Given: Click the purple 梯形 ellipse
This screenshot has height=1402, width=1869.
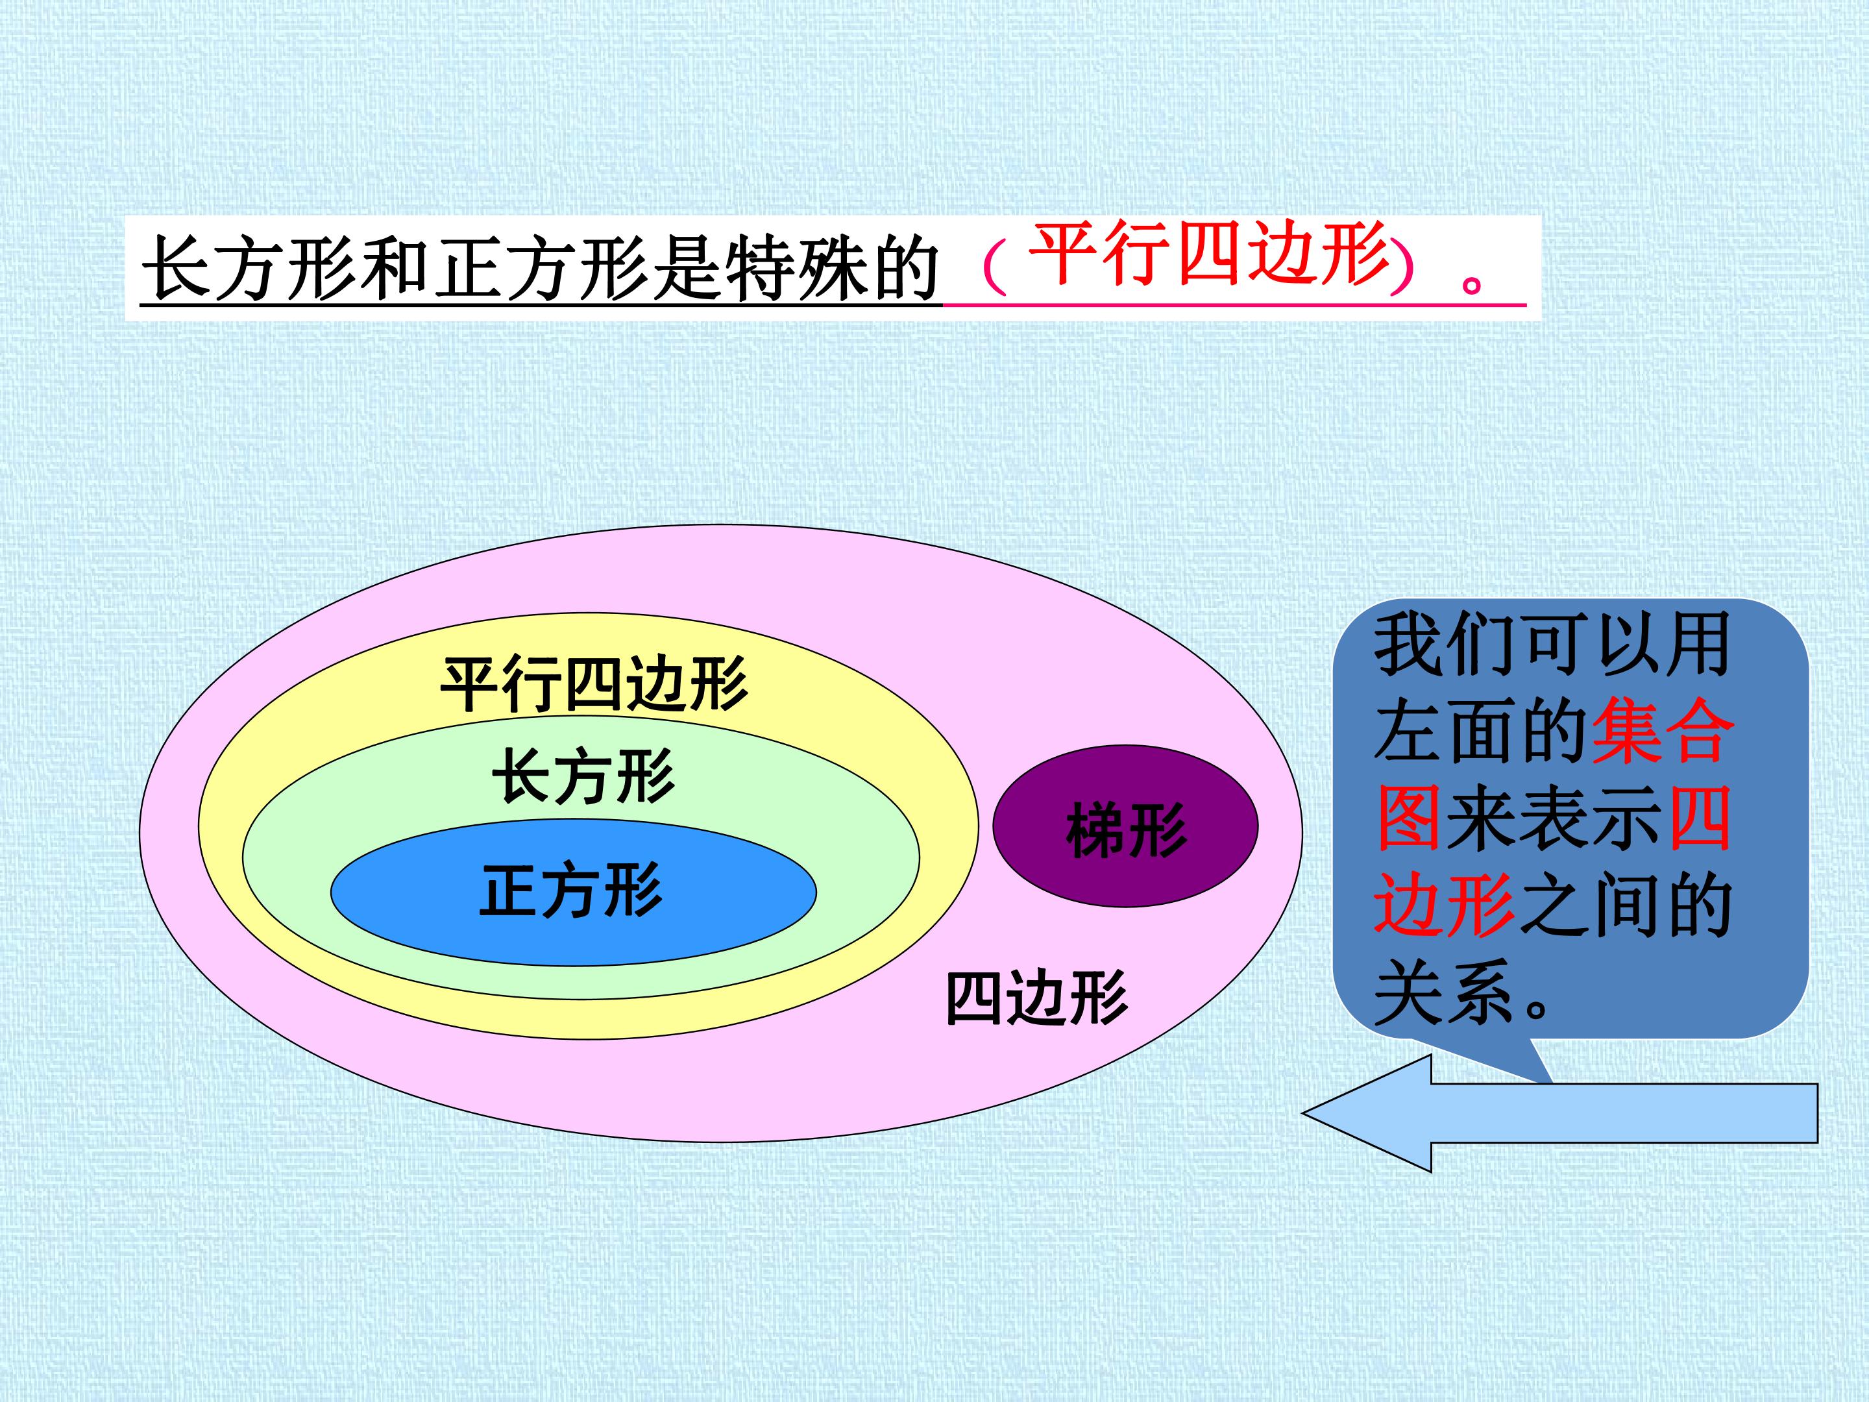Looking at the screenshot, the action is (1125, 826).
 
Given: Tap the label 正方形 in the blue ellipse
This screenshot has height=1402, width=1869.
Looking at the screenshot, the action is (571, 890).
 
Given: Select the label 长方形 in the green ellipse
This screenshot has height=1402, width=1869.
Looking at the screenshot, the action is (584, 775).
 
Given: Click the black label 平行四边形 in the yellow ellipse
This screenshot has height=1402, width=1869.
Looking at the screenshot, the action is (594, 683).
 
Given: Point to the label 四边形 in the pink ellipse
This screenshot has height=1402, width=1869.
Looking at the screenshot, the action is (1036, 998).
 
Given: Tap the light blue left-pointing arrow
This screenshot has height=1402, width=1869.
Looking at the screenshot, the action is (1559, 1113).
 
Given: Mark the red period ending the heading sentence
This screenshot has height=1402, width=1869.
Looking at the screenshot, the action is (1472, 282).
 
